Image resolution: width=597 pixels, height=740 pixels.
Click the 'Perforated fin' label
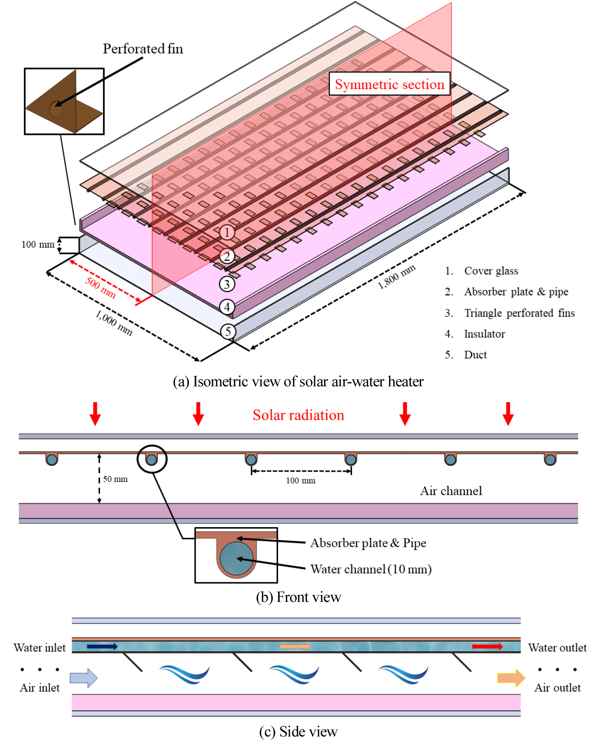(143, 49)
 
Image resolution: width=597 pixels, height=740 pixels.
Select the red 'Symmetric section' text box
(389, 84)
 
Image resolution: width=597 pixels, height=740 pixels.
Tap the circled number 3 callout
(227, 284)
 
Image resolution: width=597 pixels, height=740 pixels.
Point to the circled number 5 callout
(228, 331)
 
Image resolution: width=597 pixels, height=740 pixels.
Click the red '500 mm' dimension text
(100, 288)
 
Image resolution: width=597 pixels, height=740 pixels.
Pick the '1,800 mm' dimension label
(396, 277)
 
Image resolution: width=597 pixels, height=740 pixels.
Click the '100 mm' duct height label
(38, 244)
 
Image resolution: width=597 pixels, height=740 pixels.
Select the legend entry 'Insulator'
(484, 334)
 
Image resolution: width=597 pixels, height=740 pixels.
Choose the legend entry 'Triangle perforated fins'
(519, 313)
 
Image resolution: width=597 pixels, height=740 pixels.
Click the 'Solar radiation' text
(298, 415)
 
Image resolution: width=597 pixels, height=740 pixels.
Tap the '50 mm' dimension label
(115, 479)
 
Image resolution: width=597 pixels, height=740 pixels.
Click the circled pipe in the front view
(152, 459)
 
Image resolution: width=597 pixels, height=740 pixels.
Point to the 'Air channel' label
(451, 491)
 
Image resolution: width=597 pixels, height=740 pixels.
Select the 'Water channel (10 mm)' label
(371, 569)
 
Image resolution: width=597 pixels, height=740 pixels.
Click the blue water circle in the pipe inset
(236, 558)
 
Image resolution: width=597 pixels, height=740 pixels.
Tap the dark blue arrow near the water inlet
(102, 646)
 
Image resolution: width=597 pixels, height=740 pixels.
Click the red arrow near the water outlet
(487, 646)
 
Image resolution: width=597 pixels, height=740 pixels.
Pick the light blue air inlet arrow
(83, 678)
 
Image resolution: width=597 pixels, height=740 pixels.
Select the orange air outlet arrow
(511, 678)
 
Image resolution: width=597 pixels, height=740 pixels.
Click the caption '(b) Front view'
(298, 597)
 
